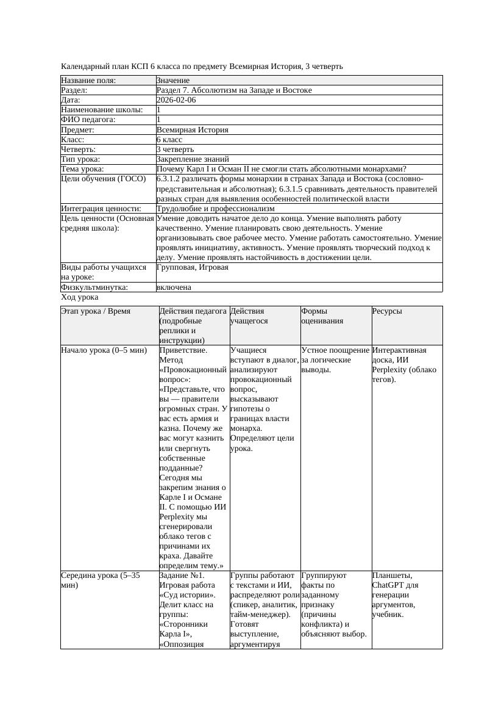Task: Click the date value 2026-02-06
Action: coord(176,100)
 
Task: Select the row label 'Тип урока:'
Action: coord(82,159)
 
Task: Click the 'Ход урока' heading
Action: coord(80,297)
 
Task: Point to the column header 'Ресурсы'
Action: coord(387,311)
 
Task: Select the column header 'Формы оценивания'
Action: coord(322,316)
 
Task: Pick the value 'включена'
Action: coord(174,287)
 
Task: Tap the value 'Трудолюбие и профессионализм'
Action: coord(216,209)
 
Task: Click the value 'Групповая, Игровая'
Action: coord(193,267)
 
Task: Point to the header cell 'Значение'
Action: coord(173,80)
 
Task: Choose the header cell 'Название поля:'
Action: coord(88,80)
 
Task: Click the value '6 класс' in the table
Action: coord(169,140)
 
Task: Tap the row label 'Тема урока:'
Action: coord(83,169)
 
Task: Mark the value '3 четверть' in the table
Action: coord(175,150)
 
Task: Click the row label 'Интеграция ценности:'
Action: coord(101,209)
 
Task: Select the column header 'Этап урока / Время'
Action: coord(96,311)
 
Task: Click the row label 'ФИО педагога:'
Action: coord(88,120)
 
